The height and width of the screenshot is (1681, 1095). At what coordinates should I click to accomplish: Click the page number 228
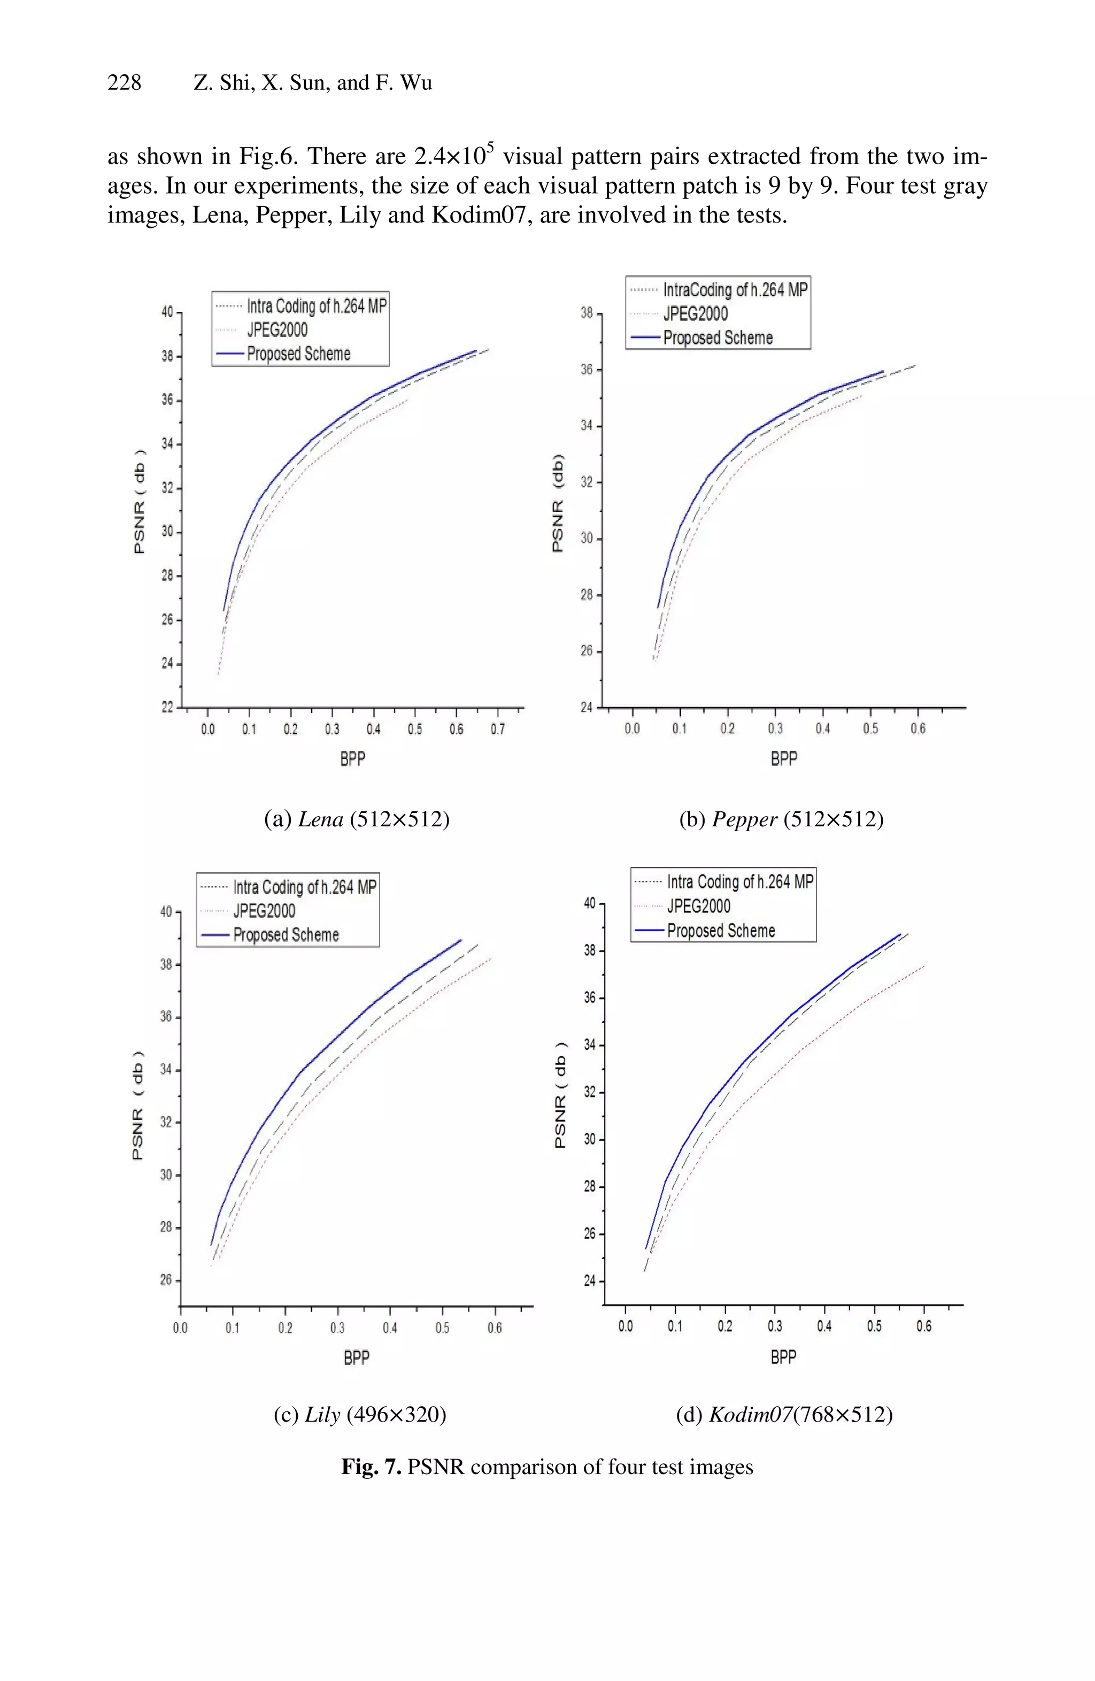[124, 83]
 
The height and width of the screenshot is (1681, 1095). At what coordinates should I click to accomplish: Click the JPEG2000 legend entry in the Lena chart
[277, 330]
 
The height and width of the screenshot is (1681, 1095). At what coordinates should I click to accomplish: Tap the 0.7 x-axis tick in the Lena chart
[498, 729]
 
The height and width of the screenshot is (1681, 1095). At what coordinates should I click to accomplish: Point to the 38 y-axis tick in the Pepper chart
[587, 313]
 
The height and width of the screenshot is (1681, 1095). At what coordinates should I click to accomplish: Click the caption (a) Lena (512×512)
[357, 819]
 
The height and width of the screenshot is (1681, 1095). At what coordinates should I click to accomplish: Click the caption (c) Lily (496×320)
[359, 1414]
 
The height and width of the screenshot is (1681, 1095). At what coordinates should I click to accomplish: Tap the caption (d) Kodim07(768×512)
[784, 1414]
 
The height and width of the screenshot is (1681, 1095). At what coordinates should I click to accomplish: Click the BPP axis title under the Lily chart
[357, 1357]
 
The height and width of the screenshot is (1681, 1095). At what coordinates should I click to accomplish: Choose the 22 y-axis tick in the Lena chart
[167, 707]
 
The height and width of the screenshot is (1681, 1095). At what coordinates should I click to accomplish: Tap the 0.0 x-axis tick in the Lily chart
[180, 1328]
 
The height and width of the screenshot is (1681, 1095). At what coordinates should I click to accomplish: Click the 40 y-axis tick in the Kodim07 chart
[590, 903]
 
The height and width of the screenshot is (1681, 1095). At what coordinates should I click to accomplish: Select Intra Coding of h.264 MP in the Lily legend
[304, 887]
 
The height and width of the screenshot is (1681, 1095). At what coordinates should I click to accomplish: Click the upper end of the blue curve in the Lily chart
[460, 940]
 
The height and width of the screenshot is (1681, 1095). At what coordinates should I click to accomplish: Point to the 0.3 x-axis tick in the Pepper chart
[775, 728]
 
